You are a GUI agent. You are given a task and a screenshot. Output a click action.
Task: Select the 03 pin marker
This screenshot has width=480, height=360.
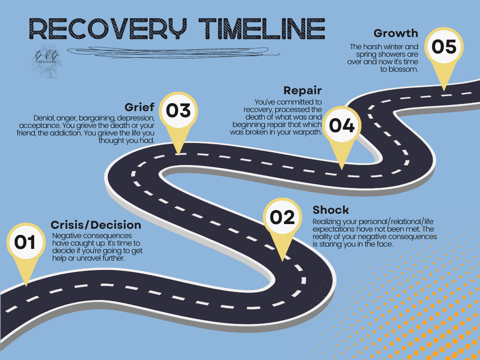coord(179,111)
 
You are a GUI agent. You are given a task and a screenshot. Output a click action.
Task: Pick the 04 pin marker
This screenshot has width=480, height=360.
coord(342,126)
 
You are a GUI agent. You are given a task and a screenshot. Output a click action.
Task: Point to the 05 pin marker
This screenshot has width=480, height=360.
coord(443,47)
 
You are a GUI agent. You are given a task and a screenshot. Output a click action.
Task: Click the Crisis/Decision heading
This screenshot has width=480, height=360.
coord(96,225)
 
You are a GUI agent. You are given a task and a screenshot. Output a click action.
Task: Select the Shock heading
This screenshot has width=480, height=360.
coord(331,210)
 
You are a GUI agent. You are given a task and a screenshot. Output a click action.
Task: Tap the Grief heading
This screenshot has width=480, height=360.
coord(139,107)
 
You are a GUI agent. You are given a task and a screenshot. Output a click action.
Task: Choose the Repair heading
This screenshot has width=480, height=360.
coord(302,90)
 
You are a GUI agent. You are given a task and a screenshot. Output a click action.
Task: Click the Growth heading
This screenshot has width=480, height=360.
coord(396,33)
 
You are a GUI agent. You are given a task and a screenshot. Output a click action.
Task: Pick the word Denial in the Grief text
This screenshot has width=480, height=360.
coord(43,117)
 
